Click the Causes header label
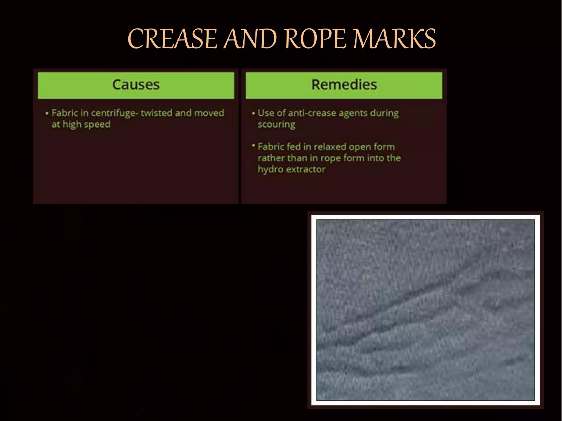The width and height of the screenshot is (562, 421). click(x=136, y=85)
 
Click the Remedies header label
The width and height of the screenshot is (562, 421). click(x=344, y=85)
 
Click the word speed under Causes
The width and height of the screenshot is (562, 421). click(x=97, y=124)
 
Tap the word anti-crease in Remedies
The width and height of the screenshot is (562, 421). click(x=312, y=113)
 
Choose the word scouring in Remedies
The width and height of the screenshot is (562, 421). click(x=276, y=125)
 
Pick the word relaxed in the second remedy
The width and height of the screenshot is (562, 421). click(x=330, y=147)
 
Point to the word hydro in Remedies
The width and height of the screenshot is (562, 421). click(x=270, y=169)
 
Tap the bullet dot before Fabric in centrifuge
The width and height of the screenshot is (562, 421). click(x=47, y=113)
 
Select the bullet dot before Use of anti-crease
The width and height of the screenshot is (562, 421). click(x=253, y=113)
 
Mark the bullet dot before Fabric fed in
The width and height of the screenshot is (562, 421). click(x=253, y=145)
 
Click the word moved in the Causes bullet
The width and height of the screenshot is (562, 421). click(x=209, y=113)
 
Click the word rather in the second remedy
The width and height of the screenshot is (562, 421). click(x=270, y=158)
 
